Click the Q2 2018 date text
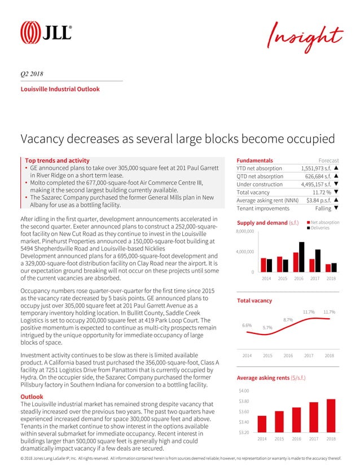point(33,74)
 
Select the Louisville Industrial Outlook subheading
point(60,89)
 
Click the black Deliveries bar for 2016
point(302,257)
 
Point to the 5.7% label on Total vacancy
point(268,327)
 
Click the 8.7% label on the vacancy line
point(288,320)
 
